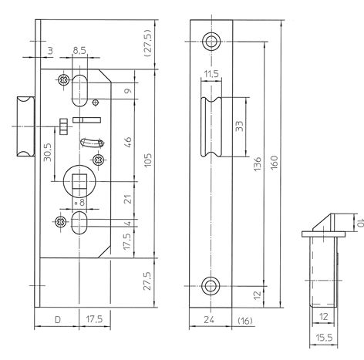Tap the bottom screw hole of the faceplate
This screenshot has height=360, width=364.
coord(211,287)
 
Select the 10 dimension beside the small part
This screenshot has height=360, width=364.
coord(356,221)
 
